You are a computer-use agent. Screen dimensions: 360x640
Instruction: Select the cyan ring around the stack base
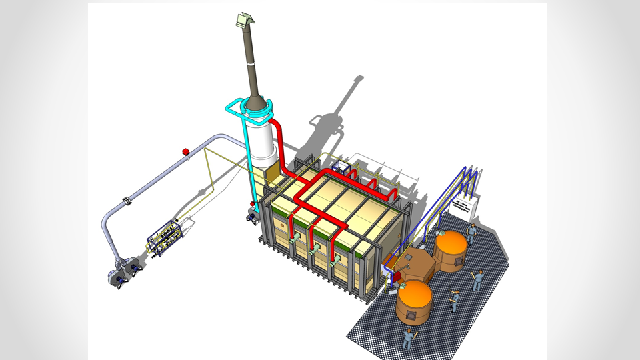point(256,105)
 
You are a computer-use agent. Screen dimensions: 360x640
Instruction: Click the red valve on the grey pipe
point(185,152)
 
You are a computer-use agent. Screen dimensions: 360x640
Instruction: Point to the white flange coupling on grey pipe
point(127,200)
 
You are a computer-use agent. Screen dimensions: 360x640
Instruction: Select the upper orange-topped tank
point(451,250)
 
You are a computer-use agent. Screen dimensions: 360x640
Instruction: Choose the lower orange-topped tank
point(414,304)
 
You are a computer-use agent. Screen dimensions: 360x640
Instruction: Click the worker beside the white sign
point(472,233)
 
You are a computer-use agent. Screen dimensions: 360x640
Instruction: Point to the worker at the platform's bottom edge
point(407,338)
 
